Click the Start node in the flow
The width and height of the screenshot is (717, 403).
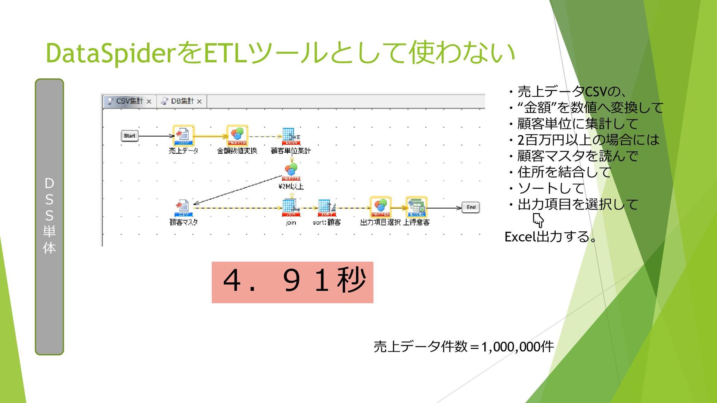[x=130, y=136]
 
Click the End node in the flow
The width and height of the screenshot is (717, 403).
[x=471, y=207]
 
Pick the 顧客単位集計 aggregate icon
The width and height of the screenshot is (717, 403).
[x=291, y=136]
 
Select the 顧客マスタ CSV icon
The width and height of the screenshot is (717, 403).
[x=183, y=207]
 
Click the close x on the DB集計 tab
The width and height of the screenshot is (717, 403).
[x=199, y=101]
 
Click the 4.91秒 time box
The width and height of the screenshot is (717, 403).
[x=292, y=282]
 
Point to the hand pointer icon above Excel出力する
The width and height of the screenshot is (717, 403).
[x=538, y=221]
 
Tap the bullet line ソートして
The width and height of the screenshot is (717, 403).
[x=550, y=188]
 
